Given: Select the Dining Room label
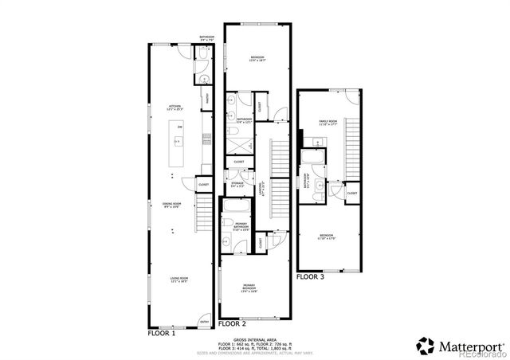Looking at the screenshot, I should [x=174, y=205].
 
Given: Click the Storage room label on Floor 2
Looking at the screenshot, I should [x=237, y=184].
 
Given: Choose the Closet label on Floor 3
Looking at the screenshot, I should [x=351, y=193].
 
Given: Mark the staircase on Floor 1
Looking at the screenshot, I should [x=205, y=211].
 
